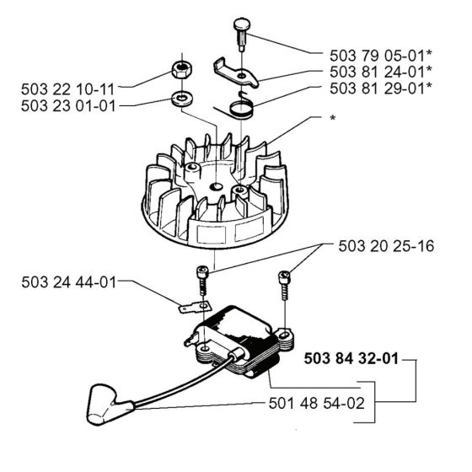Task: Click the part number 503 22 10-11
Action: click(67, 86)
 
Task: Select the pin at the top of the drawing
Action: click(237, 35)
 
